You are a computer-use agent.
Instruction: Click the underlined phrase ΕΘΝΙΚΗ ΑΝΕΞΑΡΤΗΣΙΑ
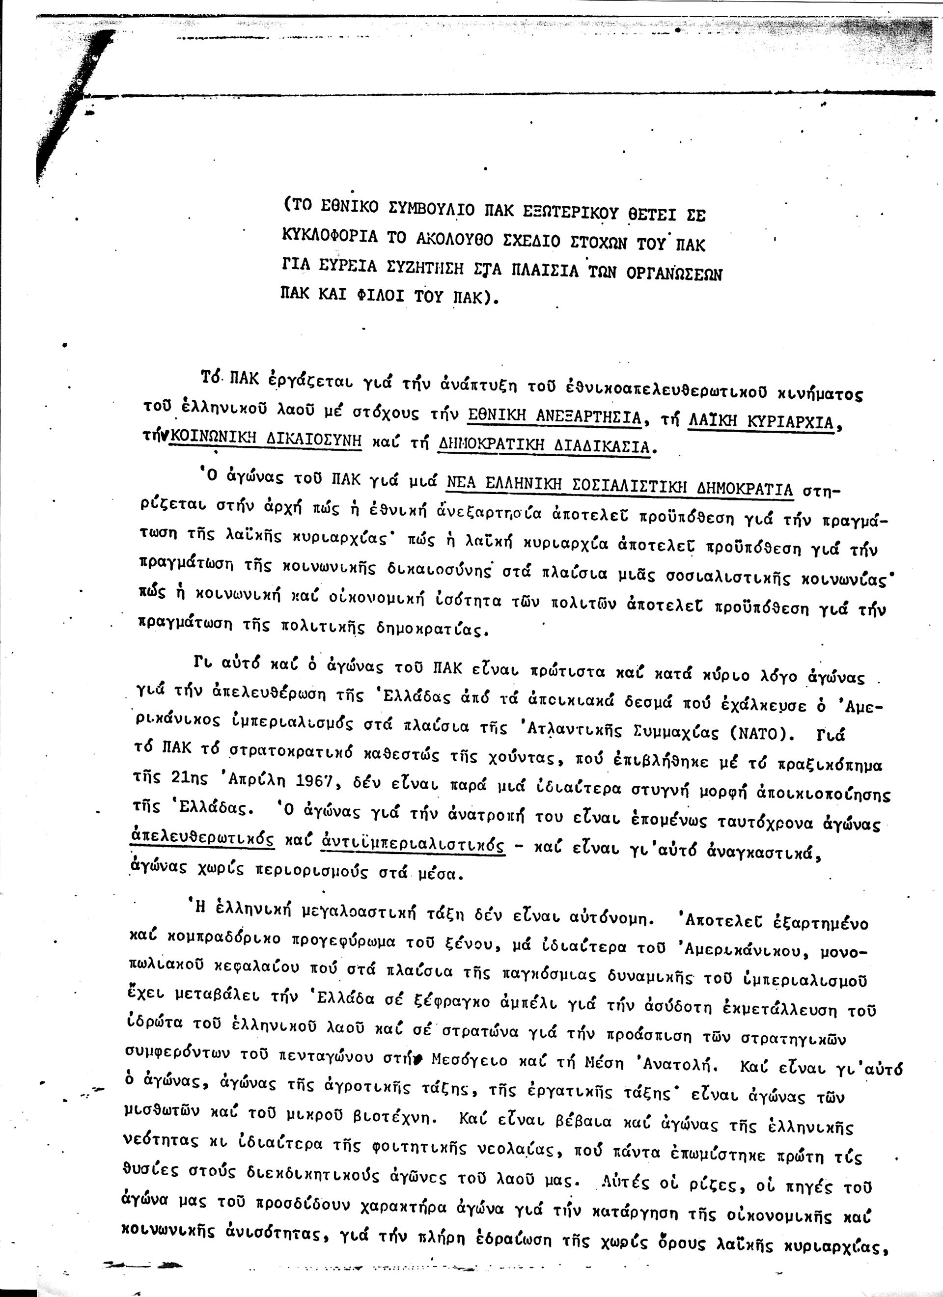554,417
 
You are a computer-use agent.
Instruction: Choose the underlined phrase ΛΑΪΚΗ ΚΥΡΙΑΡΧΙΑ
761,421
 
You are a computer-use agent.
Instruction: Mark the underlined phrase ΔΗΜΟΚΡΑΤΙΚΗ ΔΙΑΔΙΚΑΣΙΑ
543,444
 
